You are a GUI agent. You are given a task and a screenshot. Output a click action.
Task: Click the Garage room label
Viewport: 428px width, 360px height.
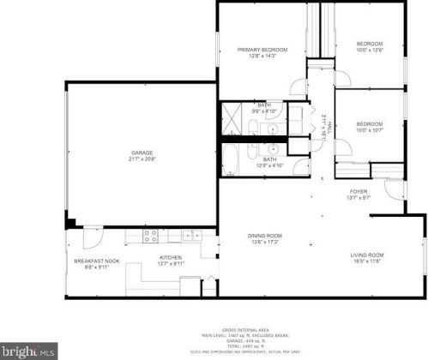pyautogui.click(x=142, y=153)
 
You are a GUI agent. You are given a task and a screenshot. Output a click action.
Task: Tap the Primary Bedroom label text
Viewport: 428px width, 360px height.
pyautogui.click(x=262, y=50)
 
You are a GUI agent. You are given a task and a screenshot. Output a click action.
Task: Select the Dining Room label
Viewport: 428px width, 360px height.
pyautogui.click(x=265, y=236)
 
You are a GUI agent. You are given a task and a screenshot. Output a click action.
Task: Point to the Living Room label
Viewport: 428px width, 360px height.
pyautogui.click(x=366, y=255)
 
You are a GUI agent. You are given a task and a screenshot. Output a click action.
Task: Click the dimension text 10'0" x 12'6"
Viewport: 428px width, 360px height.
pyautogui.click(x=369, y=50)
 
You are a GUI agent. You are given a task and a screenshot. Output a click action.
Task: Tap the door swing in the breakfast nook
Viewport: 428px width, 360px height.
pyautogui.click(x=93, y=235)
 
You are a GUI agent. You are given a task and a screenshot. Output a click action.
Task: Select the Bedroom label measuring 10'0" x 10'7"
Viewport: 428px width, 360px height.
pyautogui.click(x=369, y=123)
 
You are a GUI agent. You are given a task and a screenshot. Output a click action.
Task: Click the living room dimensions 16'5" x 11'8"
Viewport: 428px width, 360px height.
pyautogui.click(x=366, y=261)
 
